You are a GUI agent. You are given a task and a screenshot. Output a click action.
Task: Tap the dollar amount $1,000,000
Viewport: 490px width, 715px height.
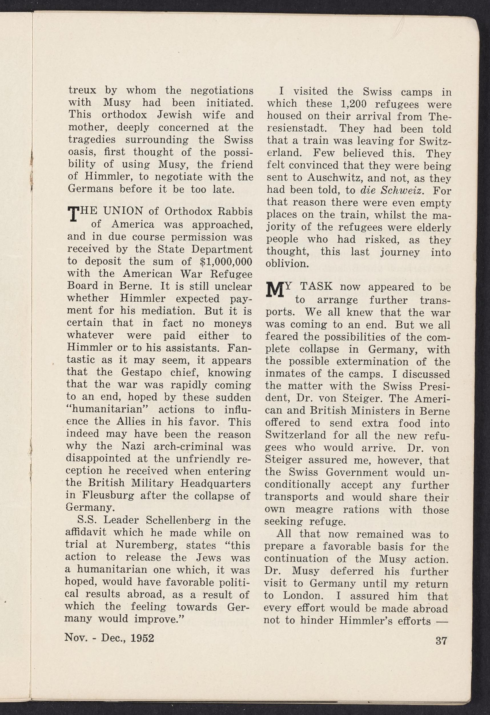(x=226, y=261)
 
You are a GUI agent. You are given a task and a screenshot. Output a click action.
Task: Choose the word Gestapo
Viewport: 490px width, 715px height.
(x=140, y=372)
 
